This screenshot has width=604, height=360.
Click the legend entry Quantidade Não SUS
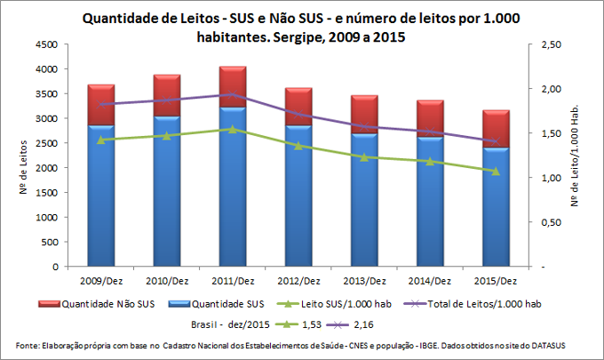coord(102,303)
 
